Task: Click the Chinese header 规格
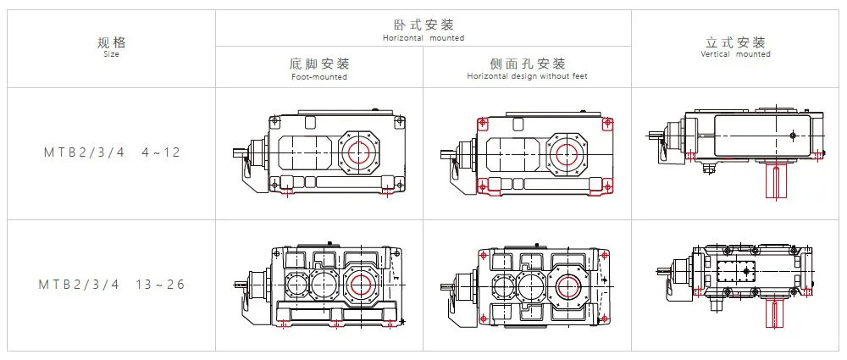tap(112, 42)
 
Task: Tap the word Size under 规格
tap(112, 55)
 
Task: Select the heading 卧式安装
tap(423, 25)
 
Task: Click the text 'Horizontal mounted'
tap(423, 38)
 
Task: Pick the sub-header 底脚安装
tap(319, 64)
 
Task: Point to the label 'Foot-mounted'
tap(319, 77)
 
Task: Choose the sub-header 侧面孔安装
tap(528, 64)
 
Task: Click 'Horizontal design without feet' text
tap(528, 77)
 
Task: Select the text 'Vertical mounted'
tap(736, 54)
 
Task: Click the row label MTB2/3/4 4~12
tap(112, 153)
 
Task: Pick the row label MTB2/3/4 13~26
tap(112, 285)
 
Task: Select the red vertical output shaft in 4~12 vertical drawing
tap(778, 182)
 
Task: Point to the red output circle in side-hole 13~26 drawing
tap(569, 285)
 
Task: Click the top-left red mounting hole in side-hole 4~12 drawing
tap(481, 123)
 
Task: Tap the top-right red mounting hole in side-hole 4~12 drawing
tap(606, 123)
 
